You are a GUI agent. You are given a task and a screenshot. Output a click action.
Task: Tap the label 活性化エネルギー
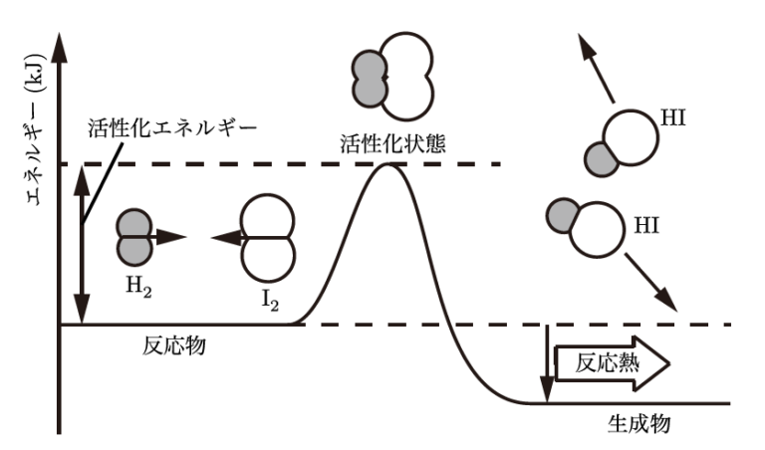[x=172, y=128]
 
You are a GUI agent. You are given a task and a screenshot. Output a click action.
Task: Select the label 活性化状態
[x=390, y=142]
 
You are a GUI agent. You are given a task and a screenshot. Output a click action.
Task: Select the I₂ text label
[x=268, y=295]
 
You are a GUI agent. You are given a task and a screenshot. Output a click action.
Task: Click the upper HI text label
[x=673, y=119]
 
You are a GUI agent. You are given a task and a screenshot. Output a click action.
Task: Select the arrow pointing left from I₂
[x=229, y=238]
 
